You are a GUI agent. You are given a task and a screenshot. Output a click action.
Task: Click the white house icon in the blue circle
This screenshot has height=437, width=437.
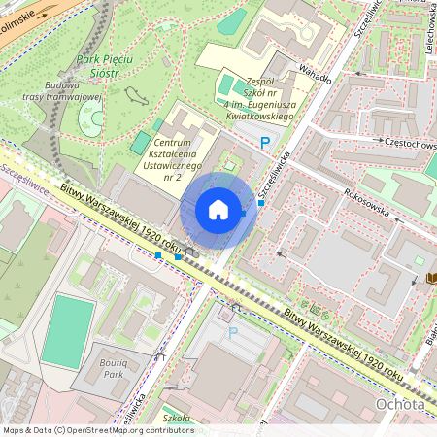[218, 210]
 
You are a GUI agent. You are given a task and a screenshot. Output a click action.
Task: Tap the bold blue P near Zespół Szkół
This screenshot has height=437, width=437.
[264, 143]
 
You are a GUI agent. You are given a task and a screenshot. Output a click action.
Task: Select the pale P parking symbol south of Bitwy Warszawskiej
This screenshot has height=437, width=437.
[231, 333]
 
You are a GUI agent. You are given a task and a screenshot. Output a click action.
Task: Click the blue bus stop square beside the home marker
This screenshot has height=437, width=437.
[261, 203]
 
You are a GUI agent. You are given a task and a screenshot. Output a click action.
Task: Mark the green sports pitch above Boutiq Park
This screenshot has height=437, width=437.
[68, 331]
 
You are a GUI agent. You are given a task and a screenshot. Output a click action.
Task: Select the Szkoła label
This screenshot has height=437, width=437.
[178, 417]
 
